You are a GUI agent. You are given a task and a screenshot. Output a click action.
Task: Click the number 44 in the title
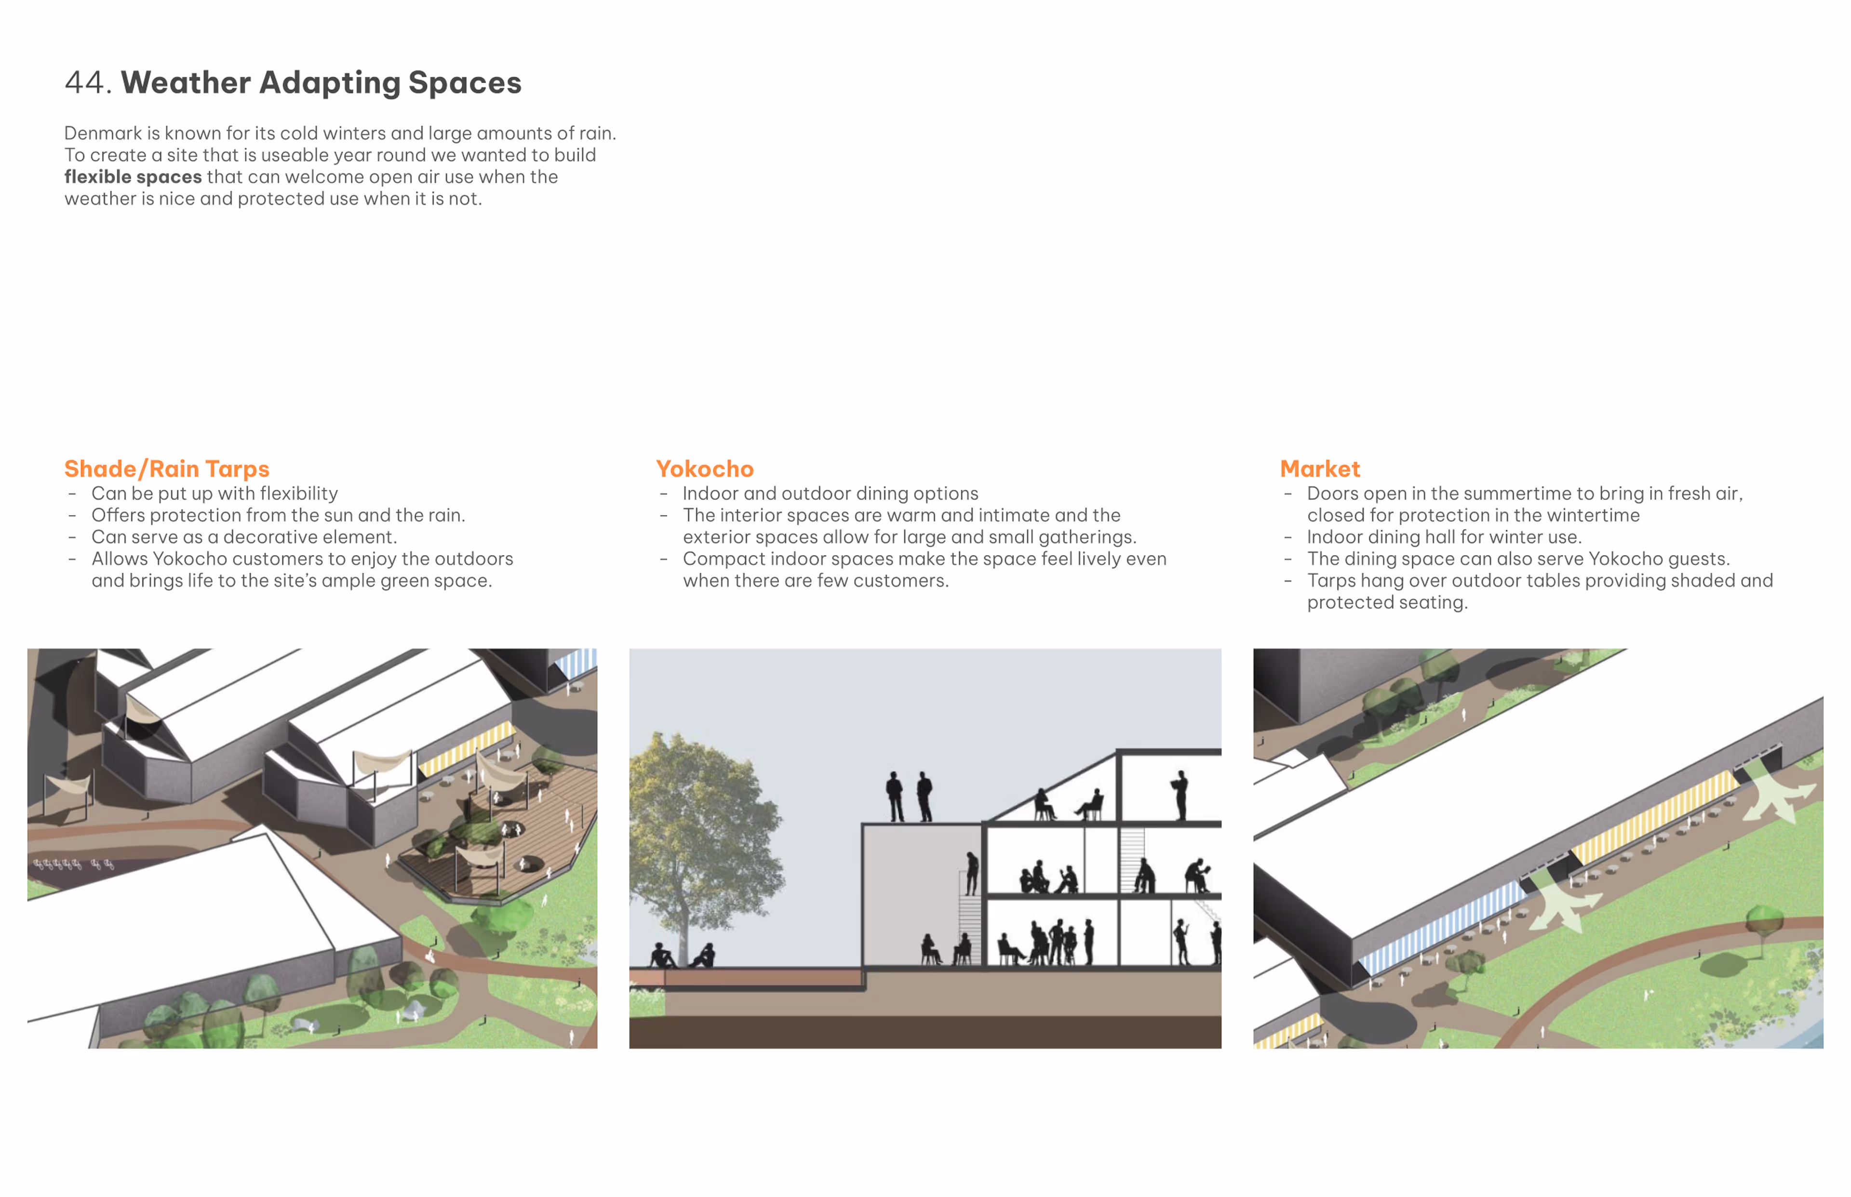click(83, 82)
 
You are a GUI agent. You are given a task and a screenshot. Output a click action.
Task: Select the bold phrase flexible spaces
click(133, 177)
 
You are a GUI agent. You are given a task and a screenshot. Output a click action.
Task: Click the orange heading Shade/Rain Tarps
click(166, 469)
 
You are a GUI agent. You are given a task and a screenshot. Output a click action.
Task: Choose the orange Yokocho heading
click(704, 469)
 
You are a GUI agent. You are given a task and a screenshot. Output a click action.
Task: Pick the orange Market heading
click(1319, 469)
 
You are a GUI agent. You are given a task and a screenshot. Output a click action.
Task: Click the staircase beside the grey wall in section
click(969, 925)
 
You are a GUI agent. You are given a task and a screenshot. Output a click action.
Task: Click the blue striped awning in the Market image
click(1438, 929)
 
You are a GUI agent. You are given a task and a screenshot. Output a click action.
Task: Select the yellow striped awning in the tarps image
click(467, 748)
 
